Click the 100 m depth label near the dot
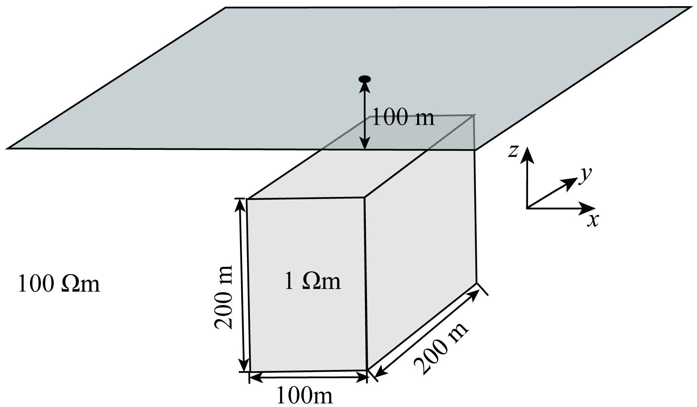(402, 118)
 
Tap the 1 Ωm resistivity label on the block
(313, 282)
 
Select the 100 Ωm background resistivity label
(59, 284)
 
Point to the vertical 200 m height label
(224, 297)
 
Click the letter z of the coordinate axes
(512, 151)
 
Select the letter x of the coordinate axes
(593, 221)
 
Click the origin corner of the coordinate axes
(527, 208)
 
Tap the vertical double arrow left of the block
(242, 285)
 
